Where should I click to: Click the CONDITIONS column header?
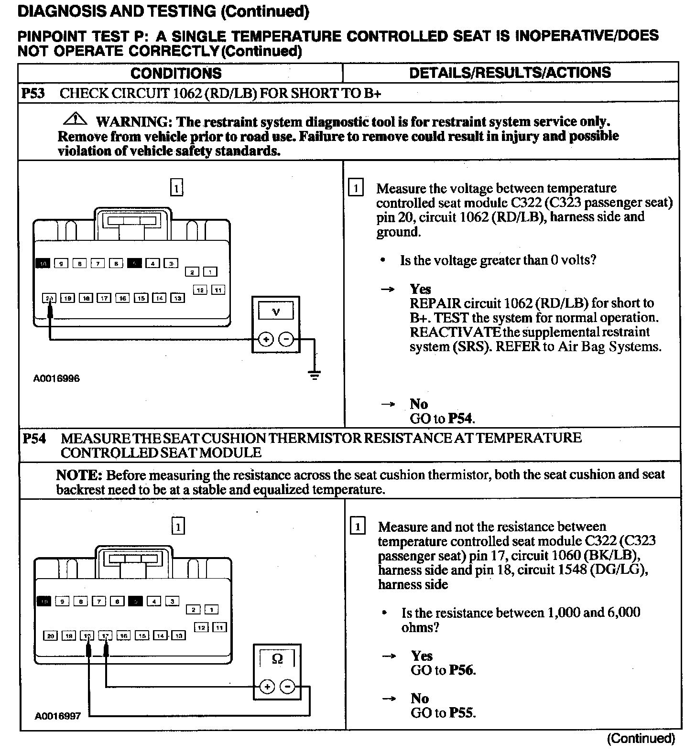point(176,73)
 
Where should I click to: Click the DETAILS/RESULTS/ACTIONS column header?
point(510,73)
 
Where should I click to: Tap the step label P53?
point(33,93)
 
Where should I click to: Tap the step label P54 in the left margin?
point(34,439)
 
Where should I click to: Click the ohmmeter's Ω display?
point(277,659)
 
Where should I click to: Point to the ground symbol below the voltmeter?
point(314,375)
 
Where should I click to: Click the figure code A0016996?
point(56,378)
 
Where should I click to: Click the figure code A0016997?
point(57,716)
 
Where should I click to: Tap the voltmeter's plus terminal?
point(265,340)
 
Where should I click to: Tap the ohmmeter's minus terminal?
point(288,687)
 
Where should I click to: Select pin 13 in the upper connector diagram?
point(178,298)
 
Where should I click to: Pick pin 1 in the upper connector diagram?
point(210,272)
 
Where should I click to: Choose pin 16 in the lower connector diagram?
point(124,635)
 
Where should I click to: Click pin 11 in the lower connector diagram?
point(219,627)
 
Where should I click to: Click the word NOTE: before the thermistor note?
point(79,475)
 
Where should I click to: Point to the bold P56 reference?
point(462,670)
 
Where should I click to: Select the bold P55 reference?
point(462,713)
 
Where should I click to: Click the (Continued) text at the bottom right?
point(641,739)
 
